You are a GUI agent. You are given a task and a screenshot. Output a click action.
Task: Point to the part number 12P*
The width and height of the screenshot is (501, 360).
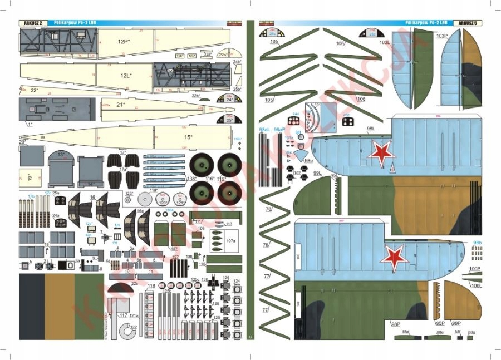click(124, 41)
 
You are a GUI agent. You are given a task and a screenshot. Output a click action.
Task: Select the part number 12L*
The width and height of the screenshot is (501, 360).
click(126, 75)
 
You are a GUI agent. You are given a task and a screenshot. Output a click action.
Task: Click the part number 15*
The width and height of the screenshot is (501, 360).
click(188, 137)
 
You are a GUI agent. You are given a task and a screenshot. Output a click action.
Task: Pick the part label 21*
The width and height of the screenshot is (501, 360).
click(120, 105)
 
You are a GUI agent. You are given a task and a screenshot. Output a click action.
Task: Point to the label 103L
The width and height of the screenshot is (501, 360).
click(385, 42)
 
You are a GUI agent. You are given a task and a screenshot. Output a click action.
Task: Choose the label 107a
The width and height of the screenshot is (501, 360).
click(230, 241)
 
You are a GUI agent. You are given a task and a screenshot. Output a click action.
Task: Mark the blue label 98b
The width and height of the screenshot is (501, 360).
click(477, 243)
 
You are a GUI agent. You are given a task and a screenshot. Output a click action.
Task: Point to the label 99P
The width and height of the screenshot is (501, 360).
click(456, 323)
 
